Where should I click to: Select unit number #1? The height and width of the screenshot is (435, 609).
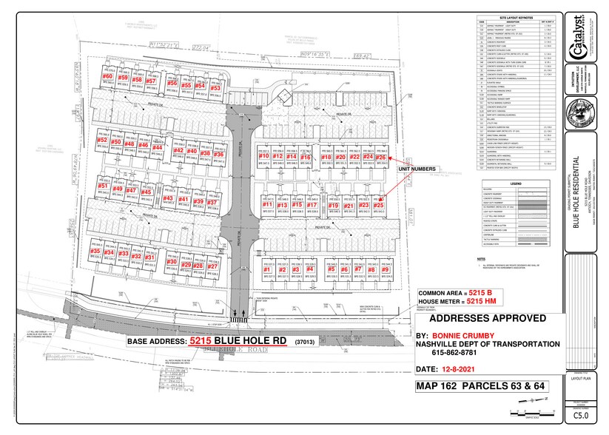click(268, 271)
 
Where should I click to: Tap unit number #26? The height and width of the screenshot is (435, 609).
click(381, 158)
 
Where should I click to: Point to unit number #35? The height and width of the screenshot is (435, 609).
click(95, 252)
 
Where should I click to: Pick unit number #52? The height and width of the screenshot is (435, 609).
click(103, 140)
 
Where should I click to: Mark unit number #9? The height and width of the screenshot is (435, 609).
click(386, 271)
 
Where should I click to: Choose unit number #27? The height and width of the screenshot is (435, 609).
click(212, 266)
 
